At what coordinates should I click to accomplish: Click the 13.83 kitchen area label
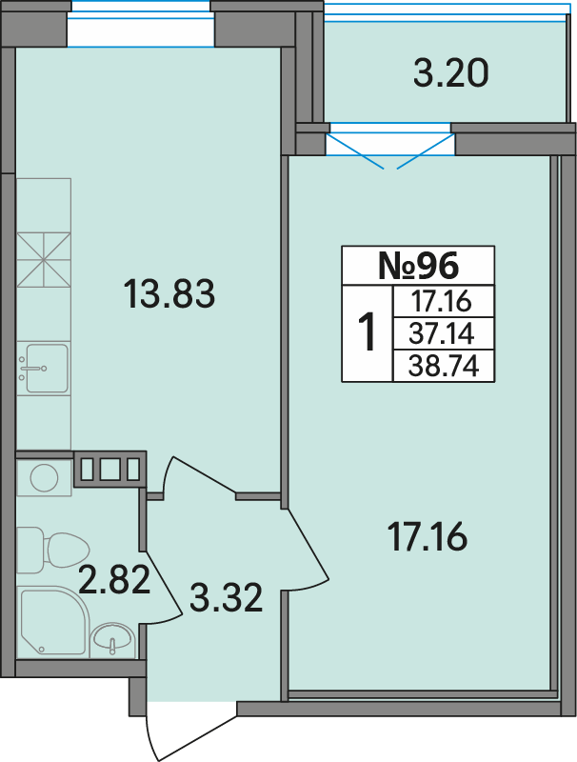click(x=169, y=293)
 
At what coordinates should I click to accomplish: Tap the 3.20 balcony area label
click(x=450, y=73)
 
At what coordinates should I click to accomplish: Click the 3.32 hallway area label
click(x=226, y=597)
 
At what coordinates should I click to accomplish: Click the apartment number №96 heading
click(x=418, y=266)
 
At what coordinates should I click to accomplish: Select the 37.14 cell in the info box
click(x=441, y=334)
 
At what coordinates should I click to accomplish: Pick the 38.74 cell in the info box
click(x=444, y=366)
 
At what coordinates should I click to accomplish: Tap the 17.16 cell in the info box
click(x=441, y=301)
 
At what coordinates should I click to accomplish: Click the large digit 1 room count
click(x=367, y=331)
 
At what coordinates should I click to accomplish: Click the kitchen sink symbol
click(x=44, y=368)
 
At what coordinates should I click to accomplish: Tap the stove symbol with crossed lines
click(x=44, y=260)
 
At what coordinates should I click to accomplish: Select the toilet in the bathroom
click(x=53, y=550)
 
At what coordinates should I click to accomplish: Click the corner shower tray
click(x=54, y=621)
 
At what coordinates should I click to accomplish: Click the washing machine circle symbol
click(x=44, y=478)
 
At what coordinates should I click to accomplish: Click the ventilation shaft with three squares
click(x=109, y=469)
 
